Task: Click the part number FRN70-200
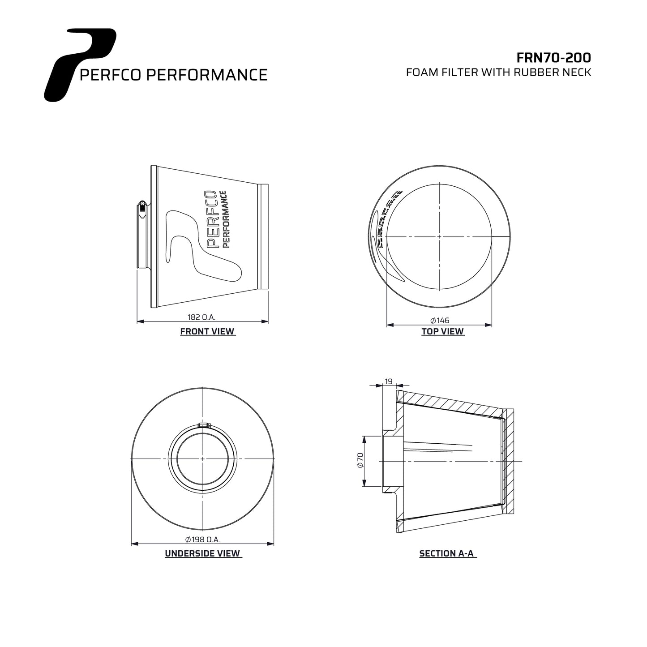553,58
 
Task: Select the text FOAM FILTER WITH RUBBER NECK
498,73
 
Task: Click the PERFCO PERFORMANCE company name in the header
173,75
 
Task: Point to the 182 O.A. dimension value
201,317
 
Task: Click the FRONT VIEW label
207,332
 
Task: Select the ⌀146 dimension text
439,321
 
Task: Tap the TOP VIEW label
442,332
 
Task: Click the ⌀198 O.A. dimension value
202,540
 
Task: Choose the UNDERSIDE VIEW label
203,554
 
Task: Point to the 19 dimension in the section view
389,381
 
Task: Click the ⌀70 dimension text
360,461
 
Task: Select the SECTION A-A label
447,554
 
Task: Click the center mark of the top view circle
439,236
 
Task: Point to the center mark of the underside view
203,458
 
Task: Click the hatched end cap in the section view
508,461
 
